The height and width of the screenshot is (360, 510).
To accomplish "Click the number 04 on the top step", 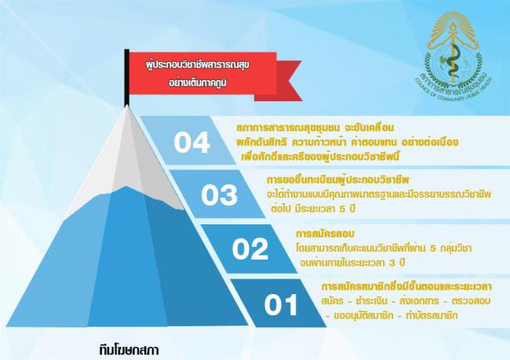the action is click(x=191, y=143).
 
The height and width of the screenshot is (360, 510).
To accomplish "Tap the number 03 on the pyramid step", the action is click(x=219, y=195).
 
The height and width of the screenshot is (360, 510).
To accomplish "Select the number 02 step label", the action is click(x=250, y=249).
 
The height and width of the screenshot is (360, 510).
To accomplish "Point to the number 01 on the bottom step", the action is click(x=281, y=304).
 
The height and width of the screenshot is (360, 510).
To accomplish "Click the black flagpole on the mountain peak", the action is click(x=126, y=78).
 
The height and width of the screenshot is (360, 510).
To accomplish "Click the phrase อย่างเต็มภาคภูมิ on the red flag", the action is click(x=198, y=82).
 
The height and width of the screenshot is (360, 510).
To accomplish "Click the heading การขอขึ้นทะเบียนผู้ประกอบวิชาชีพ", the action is click(x=337, y=180).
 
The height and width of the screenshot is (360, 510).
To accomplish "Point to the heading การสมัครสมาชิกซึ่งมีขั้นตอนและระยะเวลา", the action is click(x=406, y=286).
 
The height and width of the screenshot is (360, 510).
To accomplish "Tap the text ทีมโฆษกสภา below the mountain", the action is click(x=129, y=351).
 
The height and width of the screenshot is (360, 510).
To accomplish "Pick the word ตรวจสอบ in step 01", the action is click(x=471, y=301).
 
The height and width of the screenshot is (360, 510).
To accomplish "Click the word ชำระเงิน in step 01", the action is click(x=372, y=301).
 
